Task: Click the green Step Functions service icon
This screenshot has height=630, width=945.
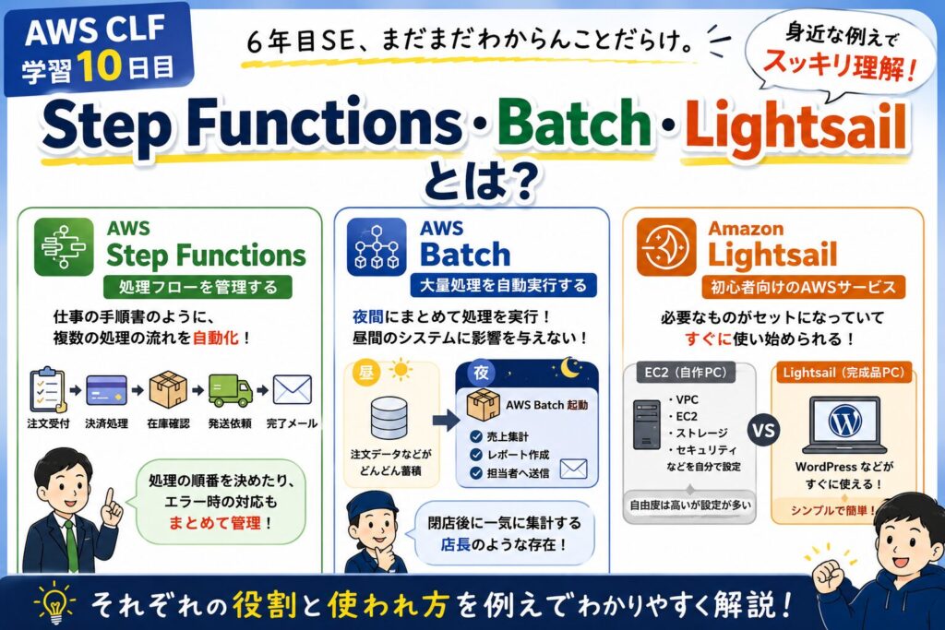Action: tap(64, 247)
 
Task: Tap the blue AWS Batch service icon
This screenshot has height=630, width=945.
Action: tap(377, 247)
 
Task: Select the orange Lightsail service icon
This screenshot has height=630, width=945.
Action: tap(666, 247)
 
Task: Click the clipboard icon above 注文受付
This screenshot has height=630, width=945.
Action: tap(47, 389)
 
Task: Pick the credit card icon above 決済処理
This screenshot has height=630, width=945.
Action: tap(107, 390)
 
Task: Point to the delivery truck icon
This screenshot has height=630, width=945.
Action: tap(230, 390)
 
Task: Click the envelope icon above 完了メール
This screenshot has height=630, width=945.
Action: tap(293, 389)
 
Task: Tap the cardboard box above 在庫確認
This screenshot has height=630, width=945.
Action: tap(168, 389)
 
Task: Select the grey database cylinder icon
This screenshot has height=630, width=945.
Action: tap(389, 418)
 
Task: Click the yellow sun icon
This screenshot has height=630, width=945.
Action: tap(401, 370)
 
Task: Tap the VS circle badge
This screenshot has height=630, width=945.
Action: tap(763, 430)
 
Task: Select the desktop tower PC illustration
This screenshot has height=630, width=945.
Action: tap(647, 424)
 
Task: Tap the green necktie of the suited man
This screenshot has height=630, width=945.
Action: tap(72, 546)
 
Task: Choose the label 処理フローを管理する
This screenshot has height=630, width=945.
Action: tap(197, 287)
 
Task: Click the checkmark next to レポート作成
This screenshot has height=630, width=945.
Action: tap(476, 455)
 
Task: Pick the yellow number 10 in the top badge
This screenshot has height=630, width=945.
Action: tap(100, 66)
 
